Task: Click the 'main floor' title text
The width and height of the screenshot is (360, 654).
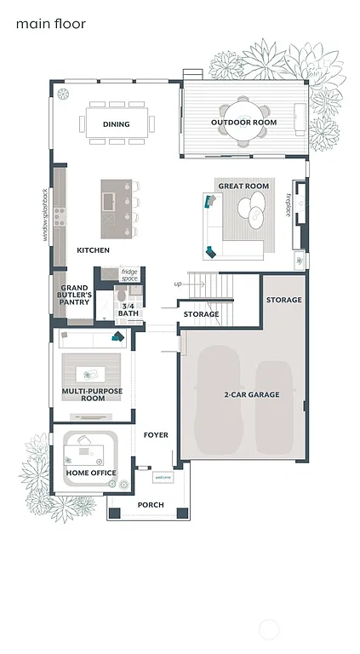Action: click(x=50, y=25)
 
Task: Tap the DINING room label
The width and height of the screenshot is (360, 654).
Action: click(x=117, y=124)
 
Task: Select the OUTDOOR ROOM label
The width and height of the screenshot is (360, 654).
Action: click(x=244, y=123)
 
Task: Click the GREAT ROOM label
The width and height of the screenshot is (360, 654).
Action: click(x=243, y=186)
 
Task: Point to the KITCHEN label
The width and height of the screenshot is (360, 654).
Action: click(x=93, y=250)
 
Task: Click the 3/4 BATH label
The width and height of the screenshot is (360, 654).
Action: click(x=129, y=309)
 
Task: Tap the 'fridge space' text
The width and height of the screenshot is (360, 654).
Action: click(x=129, y=275)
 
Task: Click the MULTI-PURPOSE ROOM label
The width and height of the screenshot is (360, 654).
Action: click(x=92, y=394)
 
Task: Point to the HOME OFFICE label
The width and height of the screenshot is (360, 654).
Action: click(x=91, y=473)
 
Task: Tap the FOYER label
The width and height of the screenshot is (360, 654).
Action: click(x=156, y=435)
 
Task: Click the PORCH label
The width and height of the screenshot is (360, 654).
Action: click(x=151, y=505)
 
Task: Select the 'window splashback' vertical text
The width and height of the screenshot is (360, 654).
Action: click(x=45, y=215)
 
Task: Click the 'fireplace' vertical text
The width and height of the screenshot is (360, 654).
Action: click(x=289, y=204)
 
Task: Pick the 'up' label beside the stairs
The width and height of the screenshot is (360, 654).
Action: click(x=177, y=284)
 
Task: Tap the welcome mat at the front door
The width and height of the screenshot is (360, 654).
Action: click(x=162, y=478)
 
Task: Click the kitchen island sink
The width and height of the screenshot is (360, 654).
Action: click(x=108, y=202)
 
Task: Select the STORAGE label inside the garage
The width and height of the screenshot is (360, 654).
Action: click(x=283, y=300)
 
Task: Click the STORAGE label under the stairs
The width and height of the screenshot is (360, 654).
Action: click(x=201, y=314)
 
